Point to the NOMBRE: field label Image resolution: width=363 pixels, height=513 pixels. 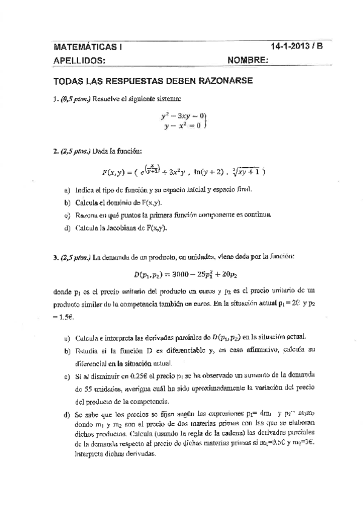pyautogui.click(x=248, y=60)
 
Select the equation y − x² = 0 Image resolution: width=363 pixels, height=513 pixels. pyautogui.click(x=182, y=126)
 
